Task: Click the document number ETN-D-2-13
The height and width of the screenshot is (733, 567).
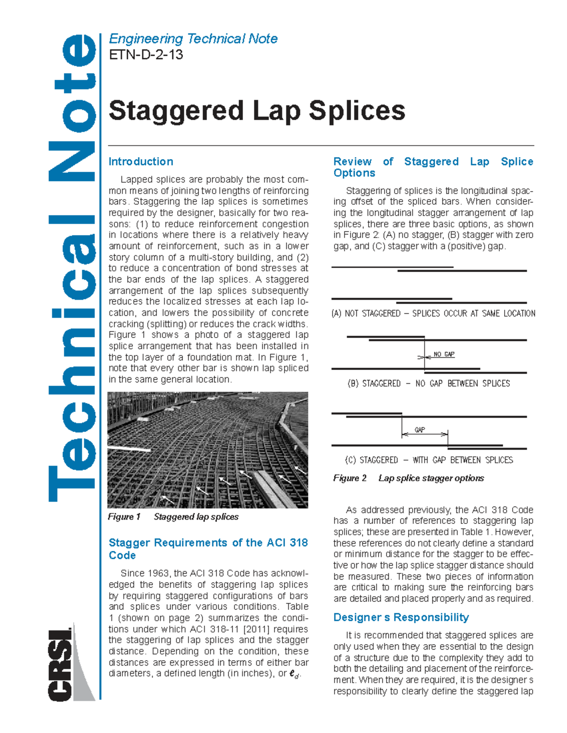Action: click(146, 55)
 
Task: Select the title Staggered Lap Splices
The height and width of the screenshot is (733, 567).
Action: click(257, 111)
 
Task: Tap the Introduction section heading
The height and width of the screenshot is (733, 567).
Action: click(141, 161)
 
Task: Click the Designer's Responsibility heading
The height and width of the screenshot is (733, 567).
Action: click(401, 617)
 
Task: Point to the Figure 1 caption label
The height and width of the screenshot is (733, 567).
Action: click(124, 517)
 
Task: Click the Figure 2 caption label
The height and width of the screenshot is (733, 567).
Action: click(350, 478)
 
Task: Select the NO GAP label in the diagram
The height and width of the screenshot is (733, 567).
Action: click(444, 354)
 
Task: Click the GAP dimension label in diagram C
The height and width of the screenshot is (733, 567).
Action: click(420, 430)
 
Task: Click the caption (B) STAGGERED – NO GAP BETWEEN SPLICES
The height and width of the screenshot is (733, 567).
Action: click(429, 383)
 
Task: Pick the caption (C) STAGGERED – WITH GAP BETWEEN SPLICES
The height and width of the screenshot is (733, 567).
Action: click(429, 460)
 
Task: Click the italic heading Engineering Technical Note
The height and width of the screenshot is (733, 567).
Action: click(193, 39)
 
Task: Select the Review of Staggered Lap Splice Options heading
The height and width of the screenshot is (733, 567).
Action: click(433, 167)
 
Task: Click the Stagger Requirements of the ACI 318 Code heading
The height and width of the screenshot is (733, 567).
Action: click(208, 549)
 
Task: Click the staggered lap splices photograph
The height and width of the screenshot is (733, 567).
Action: click(208, 450)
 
